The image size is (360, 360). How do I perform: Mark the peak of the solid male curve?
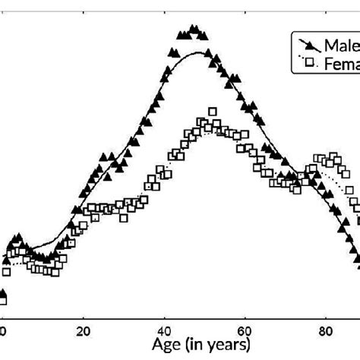click(199, 52)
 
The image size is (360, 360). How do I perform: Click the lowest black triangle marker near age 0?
click(3, 295)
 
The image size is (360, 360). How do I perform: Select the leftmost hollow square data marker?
click(6, 271)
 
